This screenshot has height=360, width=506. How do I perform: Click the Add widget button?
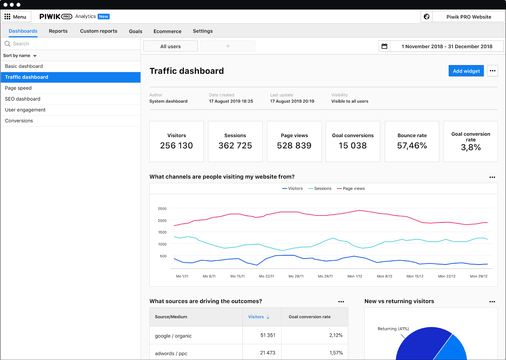[466, 71]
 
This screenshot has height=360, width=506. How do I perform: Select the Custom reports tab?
[99, 31]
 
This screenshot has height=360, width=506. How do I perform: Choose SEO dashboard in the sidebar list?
[23, 99]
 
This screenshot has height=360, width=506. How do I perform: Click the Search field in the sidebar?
[70, 44]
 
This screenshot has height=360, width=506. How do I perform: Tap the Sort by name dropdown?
[20, 56]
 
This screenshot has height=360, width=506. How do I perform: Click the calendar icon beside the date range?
[384, 46]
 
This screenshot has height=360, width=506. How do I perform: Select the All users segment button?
[170, 46]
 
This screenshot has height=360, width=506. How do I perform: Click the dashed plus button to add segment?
[228, 46]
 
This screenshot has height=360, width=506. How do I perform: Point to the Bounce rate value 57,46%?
[412, 146]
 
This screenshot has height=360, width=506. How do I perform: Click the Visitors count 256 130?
[176, 146]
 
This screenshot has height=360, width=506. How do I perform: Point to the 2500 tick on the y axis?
[162, 209]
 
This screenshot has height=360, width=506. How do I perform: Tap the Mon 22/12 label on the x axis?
[447, 276]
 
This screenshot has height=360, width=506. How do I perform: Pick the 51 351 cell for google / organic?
[268, 335]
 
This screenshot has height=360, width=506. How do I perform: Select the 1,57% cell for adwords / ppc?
[336, 353]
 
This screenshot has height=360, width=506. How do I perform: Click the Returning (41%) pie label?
[393, 329]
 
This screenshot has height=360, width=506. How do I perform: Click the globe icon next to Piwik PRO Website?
[426, 17]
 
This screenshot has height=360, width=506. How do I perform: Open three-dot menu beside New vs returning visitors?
[492, 302]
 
